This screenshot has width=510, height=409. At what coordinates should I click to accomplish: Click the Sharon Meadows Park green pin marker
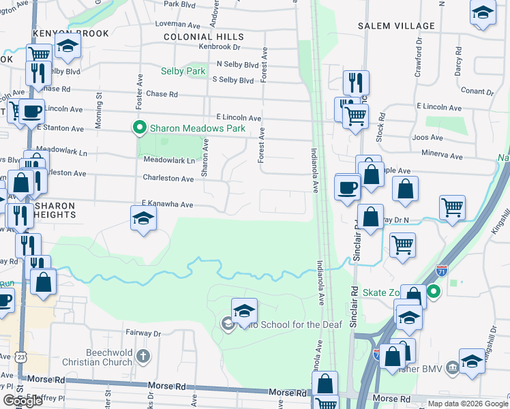[x=140, y=127]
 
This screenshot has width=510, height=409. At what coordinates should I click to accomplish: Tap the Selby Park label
[x=183, y=71]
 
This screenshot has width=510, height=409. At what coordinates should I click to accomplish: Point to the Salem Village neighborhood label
[x=396, y=26]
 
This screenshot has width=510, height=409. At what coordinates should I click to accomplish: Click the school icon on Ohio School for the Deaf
[x=244, y=310]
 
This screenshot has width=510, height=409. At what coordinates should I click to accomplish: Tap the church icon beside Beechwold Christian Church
[x=142, y=356]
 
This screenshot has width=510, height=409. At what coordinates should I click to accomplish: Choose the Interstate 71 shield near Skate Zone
[x=442, y=271]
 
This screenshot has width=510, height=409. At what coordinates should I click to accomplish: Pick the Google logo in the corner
[x=22, y=401]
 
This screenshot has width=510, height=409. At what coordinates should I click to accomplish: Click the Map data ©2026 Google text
[x=468, y=403]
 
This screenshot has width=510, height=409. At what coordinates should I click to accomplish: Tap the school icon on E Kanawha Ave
[x=143, y=218]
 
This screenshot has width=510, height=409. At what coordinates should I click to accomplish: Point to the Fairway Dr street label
[x=142, y=334]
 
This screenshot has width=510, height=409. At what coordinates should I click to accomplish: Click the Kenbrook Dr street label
[x=220, y=48]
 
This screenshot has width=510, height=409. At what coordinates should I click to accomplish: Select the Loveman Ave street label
[x=175, y=22]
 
